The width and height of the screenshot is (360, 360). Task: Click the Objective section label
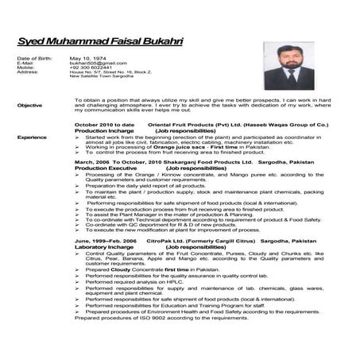click(x=29, y=105)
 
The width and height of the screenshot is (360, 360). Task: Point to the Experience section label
click(x=31, y=137)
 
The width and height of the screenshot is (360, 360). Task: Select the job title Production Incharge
click(x=100, y=131)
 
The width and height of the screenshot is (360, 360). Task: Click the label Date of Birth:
click(x=33, y=58)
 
